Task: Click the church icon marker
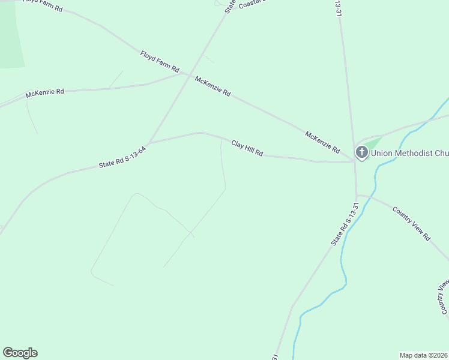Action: [x=361, y=152]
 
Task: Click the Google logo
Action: [x=20, y=353]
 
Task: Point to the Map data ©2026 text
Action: [x=423, y=355]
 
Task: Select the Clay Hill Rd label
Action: [x=247, y=148]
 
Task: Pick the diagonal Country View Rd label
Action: [x=412, y=223]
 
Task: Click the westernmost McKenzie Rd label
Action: [x=44, y=93]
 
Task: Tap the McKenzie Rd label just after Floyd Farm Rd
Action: [x=212, y=86]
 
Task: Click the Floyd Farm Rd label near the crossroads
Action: [x=160, y=62]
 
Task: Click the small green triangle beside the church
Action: [x=373, y=143]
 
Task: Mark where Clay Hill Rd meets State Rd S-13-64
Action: [x=148, y=143]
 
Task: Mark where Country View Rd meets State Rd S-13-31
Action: [x=357, y=195]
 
